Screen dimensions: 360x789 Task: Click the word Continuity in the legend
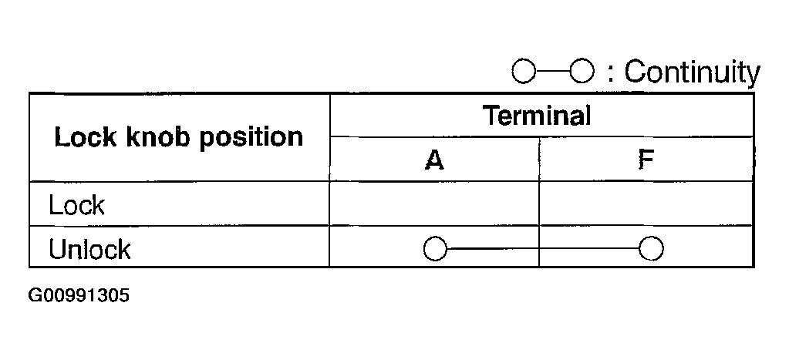click(692, 72)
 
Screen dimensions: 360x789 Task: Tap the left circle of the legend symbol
click(523, 72)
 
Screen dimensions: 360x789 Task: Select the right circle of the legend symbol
click(581, 72)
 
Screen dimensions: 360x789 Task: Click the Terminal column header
click(537, 116)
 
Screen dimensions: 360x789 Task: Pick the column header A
click(434, 160)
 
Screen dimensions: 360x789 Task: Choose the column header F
click(646, 160)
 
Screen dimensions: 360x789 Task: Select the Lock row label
click(76, 205)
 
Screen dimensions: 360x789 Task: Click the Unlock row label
click(89, 249)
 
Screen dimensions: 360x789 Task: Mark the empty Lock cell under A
click(434, 204)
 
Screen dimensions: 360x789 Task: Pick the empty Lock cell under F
click(646, 204)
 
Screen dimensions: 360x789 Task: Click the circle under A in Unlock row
click(435, 249)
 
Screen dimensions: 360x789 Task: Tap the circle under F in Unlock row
click(652, 249)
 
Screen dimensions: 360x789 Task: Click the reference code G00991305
click(79, 296)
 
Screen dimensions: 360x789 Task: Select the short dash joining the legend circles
click(551, 72)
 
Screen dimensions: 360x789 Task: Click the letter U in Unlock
click(57, 249)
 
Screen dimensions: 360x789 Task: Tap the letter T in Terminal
click(491, 116)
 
